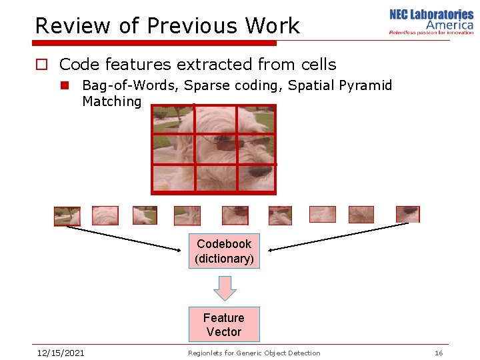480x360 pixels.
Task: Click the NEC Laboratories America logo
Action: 431,21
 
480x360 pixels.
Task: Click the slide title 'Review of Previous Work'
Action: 167,26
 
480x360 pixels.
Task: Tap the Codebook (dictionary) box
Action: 224,251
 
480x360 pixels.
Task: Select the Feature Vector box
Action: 223,325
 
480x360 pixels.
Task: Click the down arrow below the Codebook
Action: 225,288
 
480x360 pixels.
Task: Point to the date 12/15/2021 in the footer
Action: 60,353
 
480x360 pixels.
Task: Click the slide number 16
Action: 438,353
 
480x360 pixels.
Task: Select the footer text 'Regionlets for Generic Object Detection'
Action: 254,353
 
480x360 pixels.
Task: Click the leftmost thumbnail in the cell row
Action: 67,216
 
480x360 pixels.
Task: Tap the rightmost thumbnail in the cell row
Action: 407,214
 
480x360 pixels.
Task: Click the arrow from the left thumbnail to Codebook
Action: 123,239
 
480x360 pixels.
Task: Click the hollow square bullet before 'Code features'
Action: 41,65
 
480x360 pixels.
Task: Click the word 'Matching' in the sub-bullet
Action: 111,101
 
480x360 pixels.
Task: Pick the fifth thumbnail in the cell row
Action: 235,215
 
